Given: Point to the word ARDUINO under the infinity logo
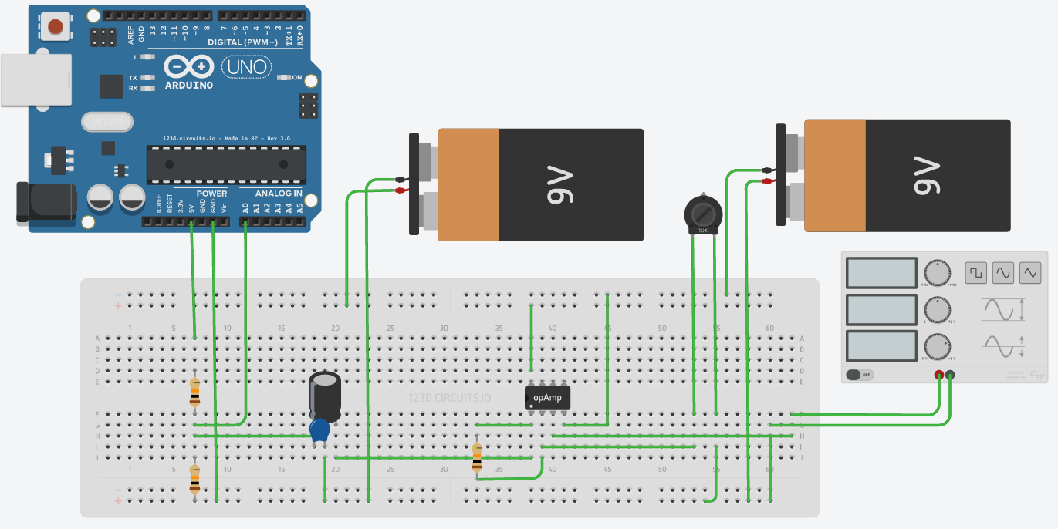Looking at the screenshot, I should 189,85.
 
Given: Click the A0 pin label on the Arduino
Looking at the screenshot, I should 245,207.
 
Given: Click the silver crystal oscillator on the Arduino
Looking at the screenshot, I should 106,122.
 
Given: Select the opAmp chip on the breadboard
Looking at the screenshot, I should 548,397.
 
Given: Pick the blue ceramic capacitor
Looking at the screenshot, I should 319,430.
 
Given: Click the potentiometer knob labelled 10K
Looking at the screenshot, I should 702,212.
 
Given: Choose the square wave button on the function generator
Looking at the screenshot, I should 976,272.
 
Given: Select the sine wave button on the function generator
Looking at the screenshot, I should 1003,272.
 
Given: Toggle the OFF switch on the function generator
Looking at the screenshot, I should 858,375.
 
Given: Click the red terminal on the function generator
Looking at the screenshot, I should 938,376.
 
